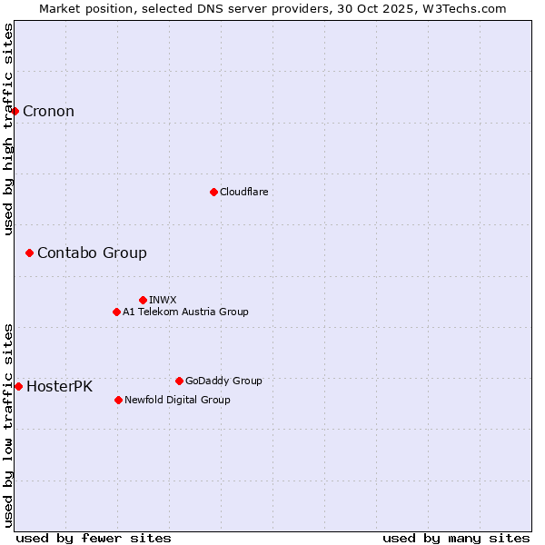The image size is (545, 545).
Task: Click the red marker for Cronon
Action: click(x=15, y=112)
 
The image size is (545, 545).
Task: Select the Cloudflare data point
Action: click(x=213, y=192)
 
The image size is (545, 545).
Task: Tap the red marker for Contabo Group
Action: click(x=30, y=253)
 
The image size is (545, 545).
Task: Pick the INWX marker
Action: click(x=143, y=300)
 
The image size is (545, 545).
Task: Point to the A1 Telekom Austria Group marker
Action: click(x=116, y=312)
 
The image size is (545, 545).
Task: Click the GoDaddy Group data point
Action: click(x=179, y=381)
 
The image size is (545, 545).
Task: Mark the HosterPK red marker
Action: click(x=19, y=386)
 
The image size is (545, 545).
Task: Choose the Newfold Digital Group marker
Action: click(x=119, y=400)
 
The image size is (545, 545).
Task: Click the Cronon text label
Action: click(x=48, y=112)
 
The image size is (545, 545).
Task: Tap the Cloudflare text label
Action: click(x=243, y=192)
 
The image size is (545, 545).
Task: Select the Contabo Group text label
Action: click(x=92, y=253)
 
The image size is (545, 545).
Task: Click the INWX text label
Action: click(x=163, y=300)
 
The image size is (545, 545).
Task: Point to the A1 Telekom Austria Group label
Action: click(x=185, y=312)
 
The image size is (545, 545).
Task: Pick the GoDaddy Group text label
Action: click(x=223, y=381)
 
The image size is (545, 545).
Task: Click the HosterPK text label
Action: click(x=59, y=386)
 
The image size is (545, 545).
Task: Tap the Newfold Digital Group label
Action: click(x=177, y=400)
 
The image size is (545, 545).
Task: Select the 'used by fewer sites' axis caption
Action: click(x=94, y=538)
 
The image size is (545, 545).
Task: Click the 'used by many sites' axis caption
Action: click(x=456, y=538)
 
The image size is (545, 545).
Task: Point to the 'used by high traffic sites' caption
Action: click(x=8, y=129)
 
